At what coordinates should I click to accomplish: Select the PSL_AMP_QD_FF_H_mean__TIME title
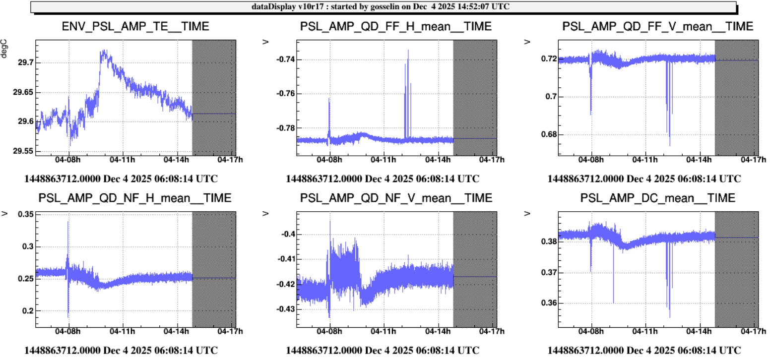[x=396, y=27]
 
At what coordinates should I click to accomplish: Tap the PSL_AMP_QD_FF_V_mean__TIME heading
[x=657, y=27]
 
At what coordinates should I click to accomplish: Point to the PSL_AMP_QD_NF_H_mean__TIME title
[x=134, y=198]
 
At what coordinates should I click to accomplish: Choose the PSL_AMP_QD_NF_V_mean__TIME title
[x=396, y=198]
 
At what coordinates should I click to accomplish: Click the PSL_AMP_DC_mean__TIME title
[x=657, y=198]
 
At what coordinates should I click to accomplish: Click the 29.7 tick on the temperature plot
[x=24, y=63]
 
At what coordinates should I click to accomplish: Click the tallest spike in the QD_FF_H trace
[x=408, y=50]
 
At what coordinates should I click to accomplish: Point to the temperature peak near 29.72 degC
[x=104, y=51]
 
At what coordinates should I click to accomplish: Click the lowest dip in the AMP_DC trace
[x=670, y=317]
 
